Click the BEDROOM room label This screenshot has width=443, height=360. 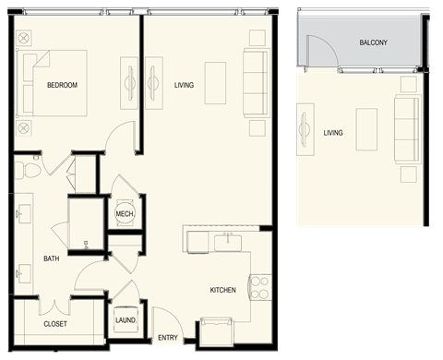pyautogui.click(x=62, y=86)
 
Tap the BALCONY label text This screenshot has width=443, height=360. pyautogui.click(x=374, y=43)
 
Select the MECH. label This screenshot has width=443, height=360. pyautogui.click(x=125, y=214)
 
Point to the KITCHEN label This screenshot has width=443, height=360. pyautogui.click(x=222, y=291)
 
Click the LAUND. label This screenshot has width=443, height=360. pyautogui.click(x=126, y=320)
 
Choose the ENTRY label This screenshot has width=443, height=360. pyautogui.click(x=168, y=338)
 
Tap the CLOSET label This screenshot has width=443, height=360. pyautogui.click(x=55, y=325)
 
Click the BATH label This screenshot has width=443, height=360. pyautogui.click(x=52, y=258)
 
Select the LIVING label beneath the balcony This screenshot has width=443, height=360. pyautogui.click(x=333, y=133)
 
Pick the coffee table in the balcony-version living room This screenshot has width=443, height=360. pyautogui.click(x=367, y=124)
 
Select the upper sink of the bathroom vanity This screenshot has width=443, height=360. pyautogui.click(x=22, y=211)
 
